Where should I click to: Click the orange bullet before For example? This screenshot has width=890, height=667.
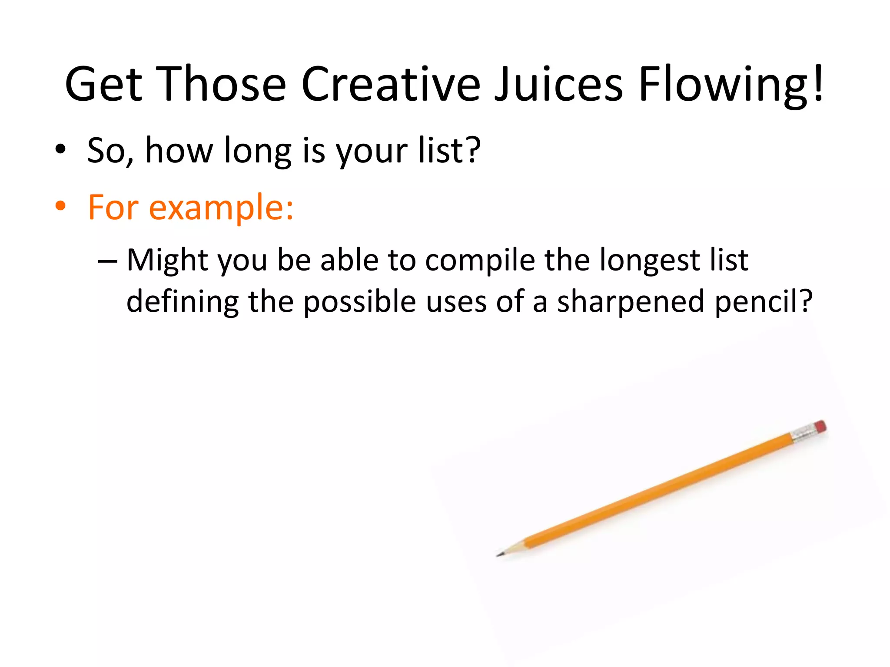(x=60, y=207)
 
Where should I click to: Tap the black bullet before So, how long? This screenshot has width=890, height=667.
(x=60, y=149)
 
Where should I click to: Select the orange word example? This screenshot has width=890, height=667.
(x=221, y=208)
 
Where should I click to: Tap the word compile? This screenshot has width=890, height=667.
(x=480, y=261)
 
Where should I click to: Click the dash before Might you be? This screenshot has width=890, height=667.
(x=107, y=261)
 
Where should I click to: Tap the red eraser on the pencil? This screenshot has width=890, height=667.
(x=820, y=426)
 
